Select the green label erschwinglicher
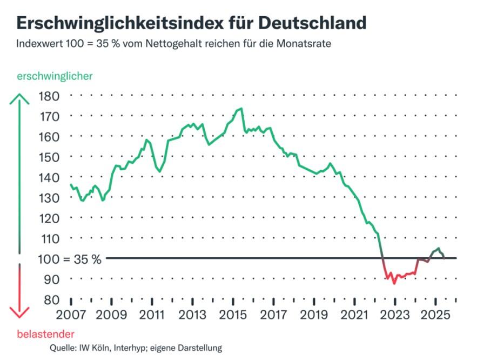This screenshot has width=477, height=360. pyautogui.click(x=55, y=76)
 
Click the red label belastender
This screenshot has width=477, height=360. pyautogui.click(x=46, y=334)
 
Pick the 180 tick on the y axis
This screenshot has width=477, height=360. pyautogui.click(x=50, y=96)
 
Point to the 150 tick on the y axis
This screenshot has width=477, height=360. pyautogui.click(x=50, y=157)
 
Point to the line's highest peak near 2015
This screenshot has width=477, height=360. pyautogui.click(x=240, y=109)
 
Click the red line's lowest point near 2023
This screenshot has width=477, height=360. pyautogui.click(x=394, y=283)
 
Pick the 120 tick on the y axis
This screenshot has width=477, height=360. pyautogui.click(x=50, y=218)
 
